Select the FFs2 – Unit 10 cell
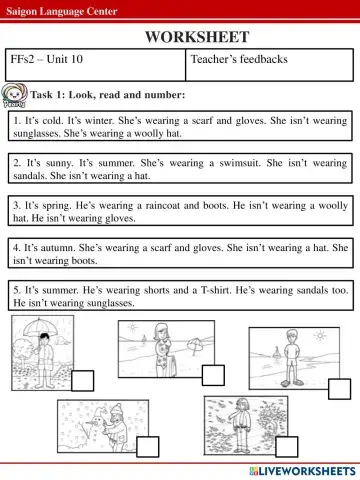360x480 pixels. coord(47,60)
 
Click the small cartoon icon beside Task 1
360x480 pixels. coord(16,96)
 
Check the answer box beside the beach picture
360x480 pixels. coord(213,375)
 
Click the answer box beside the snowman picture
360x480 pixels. coord(148,447)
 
